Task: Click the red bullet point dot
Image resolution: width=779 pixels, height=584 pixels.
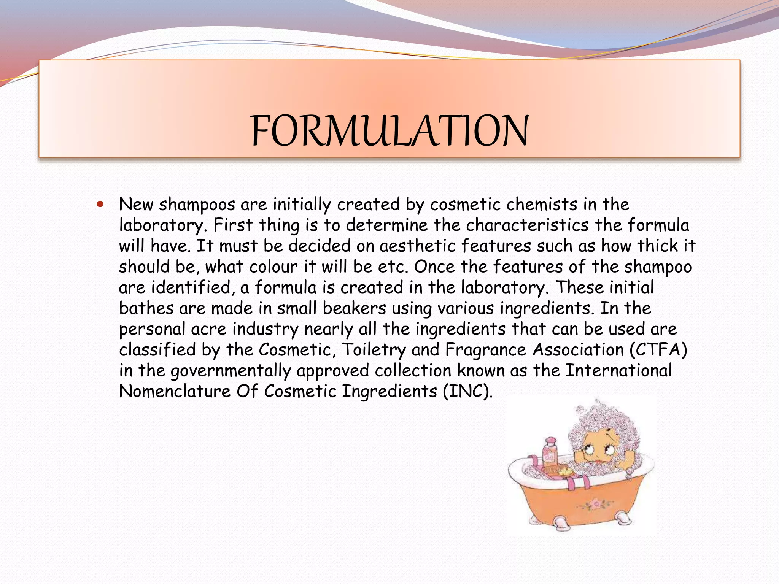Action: (x=100, y=204)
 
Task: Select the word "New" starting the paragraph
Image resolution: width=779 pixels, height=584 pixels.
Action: (x=136, y=205)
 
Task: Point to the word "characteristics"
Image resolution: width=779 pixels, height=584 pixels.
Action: (x=527, y=225)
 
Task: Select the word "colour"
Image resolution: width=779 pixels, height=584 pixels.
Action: (x=273, y=267)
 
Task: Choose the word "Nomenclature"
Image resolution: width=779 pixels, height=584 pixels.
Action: (x=175, y=391)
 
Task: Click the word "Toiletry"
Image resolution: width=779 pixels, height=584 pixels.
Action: (x=374, y=350)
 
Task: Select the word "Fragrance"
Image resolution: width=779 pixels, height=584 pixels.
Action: (x=485, y=350)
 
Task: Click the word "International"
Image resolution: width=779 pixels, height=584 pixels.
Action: (x=618, y=371)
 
